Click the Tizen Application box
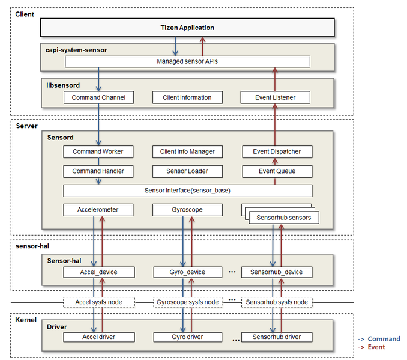point(187,28)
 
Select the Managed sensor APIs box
point(187,61)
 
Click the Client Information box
point(187,97)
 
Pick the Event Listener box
point(276,97)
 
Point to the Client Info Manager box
point(187,151)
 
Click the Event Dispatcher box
point(277,151)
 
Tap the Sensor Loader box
point(187,171)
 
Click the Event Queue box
point(277,171)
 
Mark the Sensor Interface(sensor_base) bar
point(187,191)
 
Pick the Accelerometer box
point(98,210)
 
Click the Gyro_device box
point(187,272)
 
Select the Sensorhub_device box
point(277,272)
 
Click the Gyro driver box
point(187,337)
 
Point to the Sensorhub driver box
point(277,337)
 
